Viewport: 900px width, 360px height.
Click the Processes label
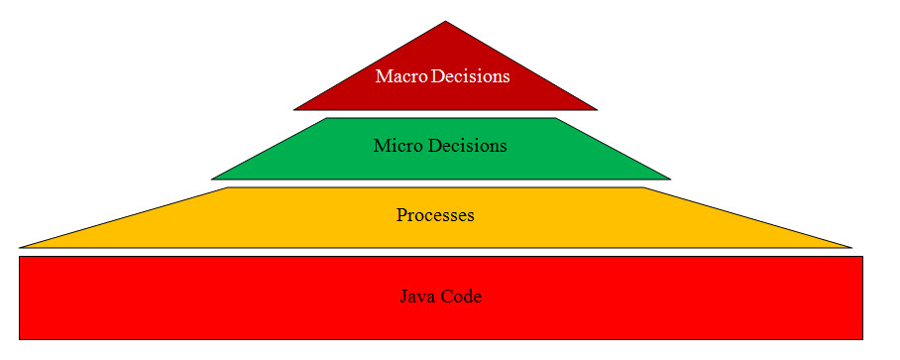[435, 215]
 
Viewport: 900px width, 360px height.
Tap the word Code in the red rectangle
[462, 297]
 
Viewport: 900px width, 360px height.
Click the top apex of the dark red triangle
[446, 22]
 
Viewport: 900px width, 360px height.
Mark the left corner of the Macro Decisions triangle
[294, 109]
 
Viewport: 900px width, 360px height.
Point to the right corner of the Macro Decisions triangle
[598, 109]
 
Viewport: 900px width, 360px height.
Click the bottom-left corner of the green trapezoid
[212, 180]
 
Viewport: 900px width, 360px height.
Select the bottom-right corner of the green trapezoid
[670, 180]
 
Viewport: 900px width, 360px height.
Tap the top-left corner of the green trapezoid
[328, 119]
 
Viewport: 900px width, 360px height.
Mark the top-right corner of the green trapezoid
[556, 119]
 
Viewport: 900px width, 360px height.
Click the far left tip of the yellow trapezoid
[20, 247]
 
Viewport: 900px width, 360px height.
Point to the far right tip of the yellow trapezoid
[851, 247]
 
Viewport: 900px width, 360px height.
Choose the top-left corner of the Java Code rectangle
[20, 257]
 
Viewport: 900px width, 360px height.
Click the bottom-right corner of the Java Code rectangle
[861, 339]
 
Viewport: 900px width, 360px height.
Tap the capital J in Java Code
[404, 297]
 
